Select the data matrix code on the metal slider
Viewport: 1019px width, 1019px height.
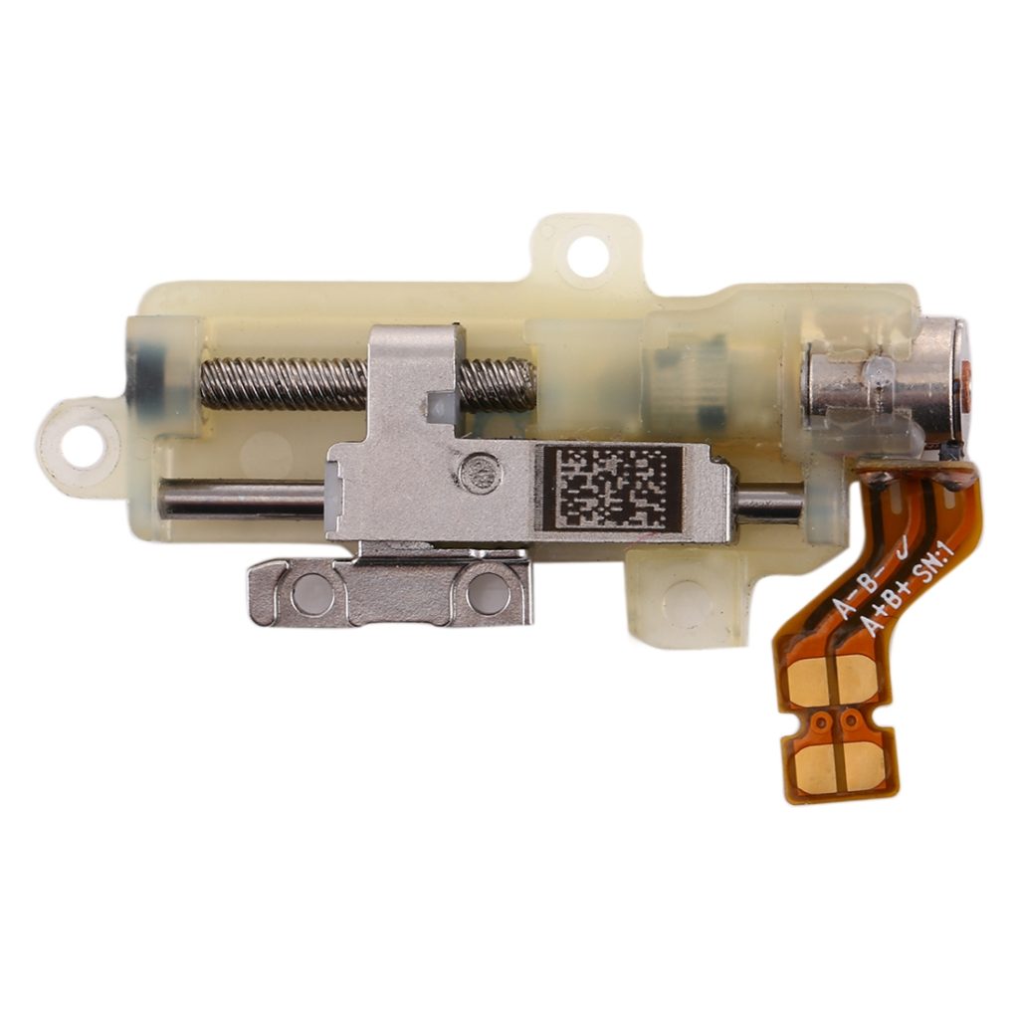609,487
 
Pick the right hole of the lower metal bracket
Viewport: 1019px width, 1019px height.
488,593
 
